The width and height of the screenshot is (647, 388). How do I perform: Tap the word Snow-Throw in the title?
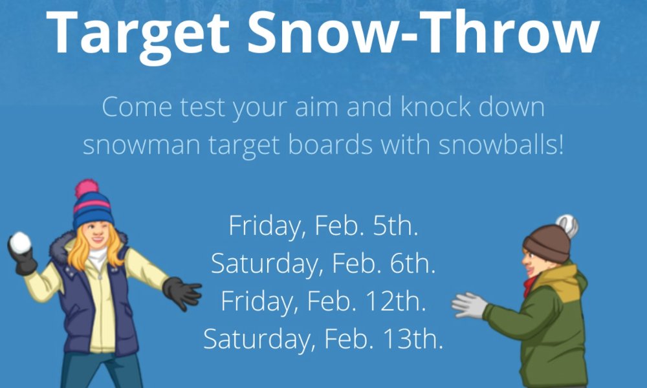423,32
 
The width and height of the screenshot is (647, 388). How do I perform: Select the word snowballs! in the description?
501,145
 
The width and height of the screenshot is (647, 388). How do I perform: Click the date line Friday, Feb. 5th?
323,226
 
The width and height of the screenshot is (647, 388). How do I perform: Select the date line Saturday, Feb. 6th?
323,263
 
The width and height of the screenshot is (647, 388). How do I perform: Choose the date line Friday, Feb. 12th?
323,301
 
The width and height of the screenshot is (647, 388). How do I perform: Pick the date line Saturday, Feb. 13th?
323,339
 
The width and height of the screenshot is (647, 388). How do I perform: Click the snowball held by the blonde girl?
20,242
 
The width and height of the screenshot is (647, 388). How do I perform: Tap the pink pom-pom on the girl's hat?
86,188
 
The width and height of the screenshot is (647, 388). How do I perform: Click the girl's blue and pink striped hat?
93,208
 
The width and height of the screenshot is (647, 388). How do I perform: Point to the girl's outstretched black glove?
182,292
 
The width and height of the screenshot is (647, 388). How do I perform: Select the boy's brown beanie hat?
547,243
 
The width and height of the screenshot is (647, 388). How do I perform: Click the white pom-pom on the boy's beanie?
567,226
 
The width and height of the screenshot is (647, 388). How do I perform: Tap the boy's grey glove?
470,305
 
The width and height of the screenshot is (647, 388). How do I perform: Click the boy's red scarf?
529,286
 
